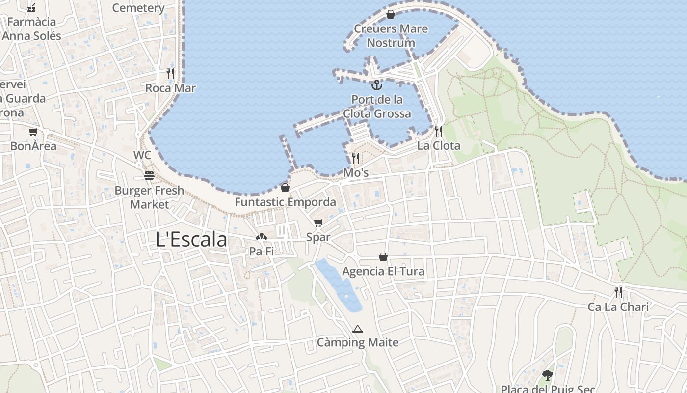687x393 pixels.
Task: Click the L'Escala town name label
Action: [x=191, y=239]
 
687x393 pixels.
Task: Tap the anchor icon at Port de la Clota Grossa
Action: [x=376, y=85]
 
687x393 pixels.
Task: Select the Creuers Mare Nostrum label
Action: [x=391, y=36]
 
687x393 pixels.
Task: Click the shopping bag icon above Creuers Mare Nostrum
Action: [x=391, y=14]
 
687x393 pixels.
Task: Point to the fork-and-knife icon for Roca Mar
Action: [x=170, y=74]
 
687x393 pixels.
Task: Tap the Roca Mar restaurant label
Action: [x=170, y=88]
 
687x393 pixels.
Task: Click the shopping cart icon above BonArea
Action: [x=33, y=132]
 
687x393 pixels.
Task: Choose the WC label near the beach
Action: [x=142, y=155]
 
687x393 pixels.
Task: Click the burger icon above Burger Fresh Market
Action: [x=149, y=175]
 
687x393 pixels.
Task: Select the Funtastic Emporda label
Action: [x=285, y=202]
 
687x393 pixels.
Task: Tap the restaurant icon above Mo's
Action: [x=356, y=158]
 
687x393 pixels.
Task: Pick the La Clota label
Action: [x=439, y=146]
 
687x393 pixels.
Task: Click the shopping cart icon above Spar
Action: [x=318, y=223]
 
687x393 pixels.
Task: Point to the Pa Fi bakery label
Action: [x=262, y=252]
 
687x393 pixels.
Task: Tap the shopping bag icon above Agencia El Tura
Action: [x=383, y=257]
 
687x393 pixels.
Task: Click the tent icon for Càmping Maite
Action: [x=358, y=329]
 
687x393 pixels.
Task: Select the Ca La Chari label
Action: [x=618, y=307]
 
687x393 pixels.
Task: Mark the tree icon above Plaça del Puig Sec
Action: [x=548, y=375]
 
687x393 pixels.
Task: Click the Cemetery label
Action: [x=138, y=8]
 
